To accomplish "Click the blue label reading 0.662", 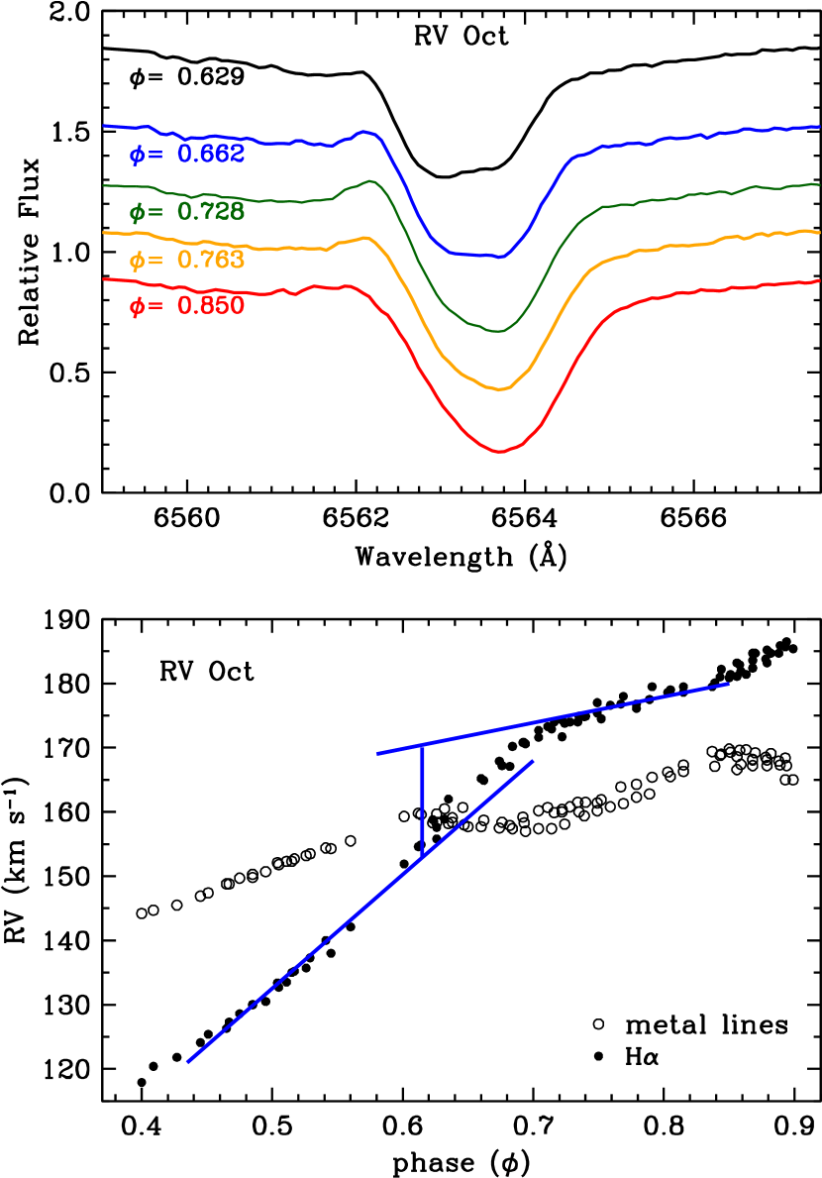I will tap(211, 155).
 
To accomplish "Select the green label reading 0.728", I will tap(211, 211).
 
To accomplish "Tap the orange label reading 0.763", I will tap(211, 261).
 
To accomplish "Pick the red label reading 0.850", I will tap(211, 306).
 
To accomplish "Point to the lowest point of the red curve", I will tap(501, 452).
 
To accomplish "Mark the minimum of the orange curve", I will tap(502, 389).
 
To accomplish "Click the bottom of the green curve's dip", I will tap(499, 331).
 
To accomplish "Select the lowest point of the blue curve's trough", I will tap(501, 258).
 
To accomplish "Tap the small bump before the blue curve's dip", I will tap(365, 131).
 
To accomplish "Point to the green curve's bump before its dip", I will tap(368, 180).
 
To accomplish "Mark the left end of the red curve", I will tap(105, 279).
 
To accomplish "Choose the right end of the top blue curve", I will tap(819, 127).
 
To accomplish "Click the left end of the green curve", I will tap(105, 184).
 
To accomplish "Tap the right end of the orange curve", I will tap(819, 232).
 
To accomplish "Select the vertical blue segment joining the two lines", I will tap(423, 801).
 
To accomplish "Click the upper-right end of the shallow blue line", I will tap(728, 684).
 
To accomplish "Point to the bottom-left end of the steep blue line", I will tap(187, 1062).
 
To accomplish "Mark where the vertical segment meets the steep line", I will tap(423, 857).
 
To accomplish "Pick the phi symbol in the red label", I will tap(137, 307).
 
